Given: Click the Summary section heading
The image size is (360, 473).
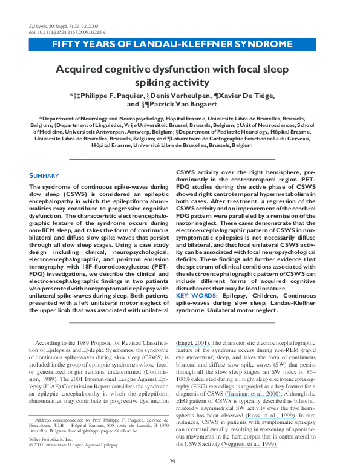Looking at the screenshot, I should [44, 176].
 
